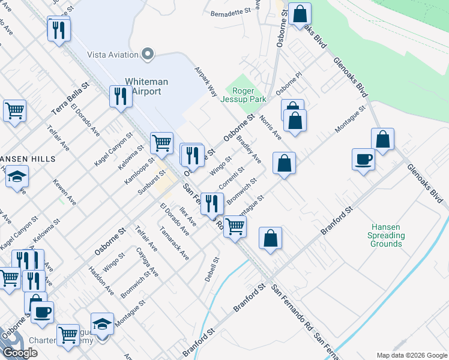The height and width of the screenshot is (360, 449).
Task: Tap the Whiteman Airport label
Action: pos(146,86)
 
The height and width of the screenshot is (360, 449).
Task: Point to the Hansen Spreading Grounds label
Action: pos(386,235)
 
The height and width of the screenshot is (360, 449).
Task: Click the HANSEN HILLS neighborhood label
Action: pos(28,158)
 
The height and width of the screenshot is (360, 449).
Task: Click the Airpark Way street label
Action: pos(205,81)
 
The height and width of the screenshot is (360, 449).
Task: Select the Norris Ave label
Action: pos(271,127)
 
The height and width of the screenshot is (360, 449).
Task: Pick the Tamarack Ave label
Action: pos(175,243)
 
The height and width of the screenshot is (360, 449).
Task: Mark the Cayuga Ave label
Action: pos(147,262)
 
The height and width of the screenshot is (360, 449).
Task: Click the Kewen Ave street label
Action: pos(64,191)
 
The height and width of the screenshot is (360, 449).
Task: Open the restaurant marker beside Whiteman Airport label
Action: pos(121,96)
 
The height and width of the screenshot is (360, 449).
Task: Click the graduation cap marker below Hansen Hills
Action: pos(17,177)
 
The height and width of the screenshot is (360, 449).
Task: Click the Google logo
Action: pos(20,353)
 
